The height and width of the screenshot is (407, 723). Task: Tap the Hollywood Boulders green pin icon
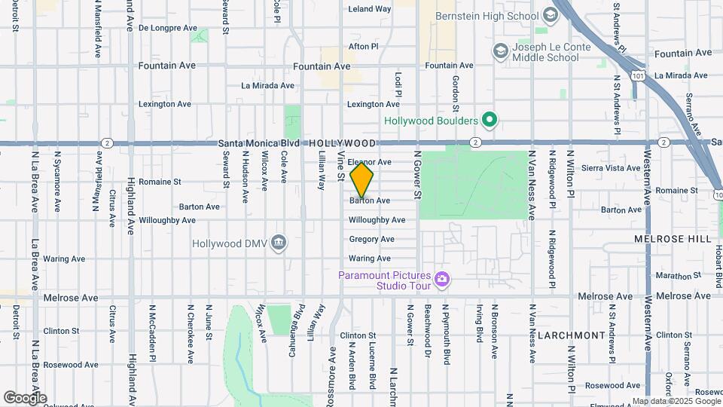[489, 120]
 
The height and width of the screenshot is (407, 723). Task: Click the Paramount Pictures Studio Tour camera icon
[442, 280]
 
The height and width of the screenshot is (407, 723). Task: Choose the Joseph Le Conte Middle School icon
[499, 50]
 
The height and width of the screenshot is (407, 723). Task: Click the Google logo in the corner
[25, 397]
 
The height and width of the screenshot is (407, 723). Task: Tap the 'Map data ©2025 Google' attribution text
[676, 401]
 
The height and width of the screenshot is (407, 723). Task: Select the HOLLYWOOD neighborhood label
[342, 143]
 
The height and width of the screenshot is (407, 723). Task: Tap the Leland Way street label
[370, 9]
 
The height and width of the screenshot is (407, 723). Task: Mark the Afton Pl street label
[363, 46]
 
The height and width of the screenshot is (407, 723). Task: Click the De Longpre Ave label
[167, 28]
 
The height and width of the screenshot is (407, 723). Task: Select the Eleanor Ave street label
[370, 162]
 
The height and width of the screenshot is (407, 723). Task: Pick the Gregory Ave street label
[371, 239]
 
